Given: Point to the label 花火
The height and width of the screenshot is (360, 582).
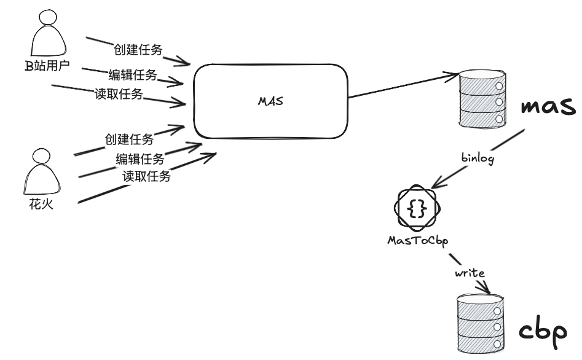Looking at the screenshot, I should tap(42, 204).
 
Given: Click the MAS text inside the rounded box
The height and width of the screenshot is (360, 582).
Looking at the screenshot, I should tap(270, 101).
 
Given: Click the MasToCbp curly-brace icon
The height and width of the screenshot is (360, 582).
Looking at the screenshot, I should tap(417, 209).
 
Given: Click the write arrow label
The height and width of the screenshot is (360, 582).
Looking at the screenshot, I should tap(470, 272).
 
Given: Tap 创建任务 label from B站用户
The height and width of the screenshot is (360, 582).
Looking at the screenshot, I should tap(138, 50).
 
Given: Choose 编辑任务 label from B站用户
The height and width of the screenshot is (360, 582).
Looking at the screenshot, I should tap(133, 75).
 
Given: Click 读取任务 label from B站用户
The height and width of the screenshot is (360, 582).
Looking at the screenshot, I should tap(119, 94).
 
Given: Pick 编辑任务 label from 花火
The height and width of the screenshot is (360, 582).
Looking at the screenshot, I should tap(140, 159).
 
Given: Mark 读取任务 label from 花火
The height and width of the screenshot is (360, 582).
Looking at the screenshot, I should tap(146, 176).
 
